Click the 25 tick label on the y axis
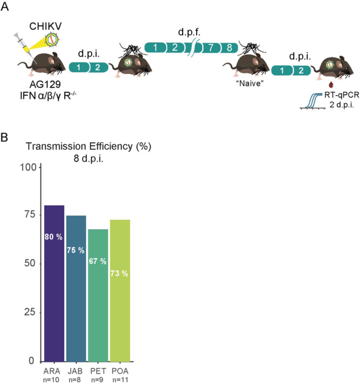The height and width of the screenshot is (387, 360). click(31, 312)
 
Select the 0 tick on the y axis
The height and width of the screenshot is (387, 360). click(33, 361)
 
